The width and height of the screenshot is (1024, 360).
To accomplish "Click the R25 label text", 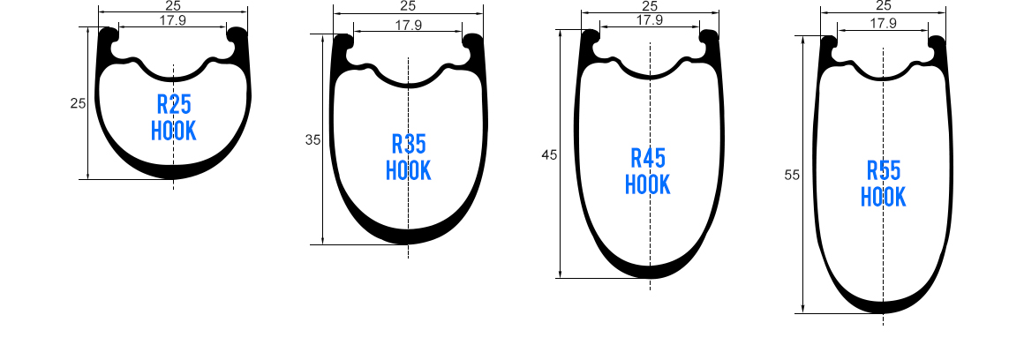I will tap(174, 105).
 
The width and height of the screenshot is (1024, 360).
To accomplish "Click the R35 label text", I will tap(408, 144).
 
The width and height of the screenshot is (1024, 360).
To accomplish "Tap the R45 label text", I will tap(648, 159).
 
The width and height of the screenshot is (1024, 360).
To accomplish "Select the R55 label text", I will tap(884, 170).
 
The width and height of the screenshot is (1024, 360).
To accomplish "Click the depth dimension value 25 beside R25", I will tap(78, 103).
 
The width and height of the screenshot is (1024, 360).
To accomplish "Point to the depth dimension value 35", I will tap(312, 140).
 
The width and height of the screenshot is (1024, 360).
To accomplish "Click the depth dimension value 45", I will tap(549, 154).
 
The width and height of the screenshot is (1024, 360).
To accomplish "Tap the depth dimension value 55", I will tap(791, 175).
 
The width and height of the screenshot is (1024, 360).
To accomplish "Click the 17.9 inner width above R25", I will tap(173, 20).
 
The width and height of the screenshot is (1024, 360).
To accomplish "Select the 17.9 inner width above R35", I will tap(408, 26).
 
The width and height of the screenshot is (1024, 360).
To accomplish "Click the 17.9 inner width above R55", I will tap(883, 24).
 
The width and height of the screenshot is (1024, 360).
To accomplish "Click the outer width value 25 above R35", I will tap(408, 7).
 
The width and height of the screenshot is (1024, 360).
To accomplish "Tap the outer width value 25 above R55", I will tap(884, 5).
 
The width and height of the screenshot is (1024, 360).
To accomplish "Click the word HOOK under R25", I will tap(174, 131).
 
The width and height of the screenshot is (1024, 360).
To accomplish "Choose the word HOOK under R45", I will tap(648, 185).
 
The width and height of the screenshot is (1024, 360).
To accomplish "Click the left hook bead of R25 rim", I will tap(109, 37).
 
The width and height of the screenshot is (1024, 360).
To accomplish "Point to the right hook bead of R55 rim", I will tap(937, 42).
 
